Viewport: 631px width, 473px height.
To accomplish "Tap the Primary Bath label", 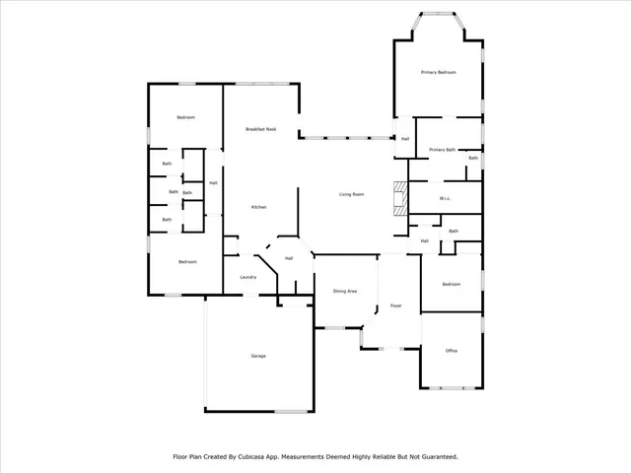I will [x=442, y=150].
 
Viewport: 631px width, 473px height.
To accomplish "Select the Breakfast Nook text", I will [x=260, y=129].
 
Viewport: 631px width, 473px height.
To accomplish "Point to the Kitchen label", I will [x=258, y=207].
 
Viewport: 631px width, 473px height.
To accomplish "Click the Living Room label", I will [x=352, y=194].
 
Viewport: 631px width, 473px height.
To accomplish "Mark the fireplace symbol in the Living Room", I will [x=398, y=198].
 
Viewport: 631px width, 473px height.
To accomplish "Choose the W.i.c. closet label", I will [x=445, y=198].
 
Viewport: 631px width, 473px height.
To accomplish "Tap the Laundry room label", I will [x=248, y=277].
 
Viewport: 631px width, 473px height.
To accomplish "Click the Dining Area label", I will [x=344, y=291].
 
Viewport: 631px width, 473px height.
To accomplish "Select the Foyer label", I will [x=395, y=305].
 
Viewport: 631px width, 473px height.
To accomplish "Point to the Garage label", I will [x=258, y=356].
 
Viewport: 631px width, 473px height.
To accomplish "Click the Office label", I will [x=451, y=350].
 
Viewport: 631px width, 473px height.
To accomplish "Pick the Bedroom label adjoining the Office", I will [x=451, y=284].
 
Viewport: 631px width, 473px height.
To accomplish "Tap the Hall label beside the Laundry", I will [x=289, y=258].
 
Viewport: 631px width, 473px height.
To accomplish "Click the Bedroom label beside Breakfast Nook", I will [x=185, y=117].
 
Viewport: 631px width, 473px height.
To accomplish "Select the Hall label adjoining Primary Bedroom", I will [x=404, y=139].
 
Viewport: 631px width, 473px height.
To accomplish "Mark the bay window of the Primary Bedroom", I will [x=438, y=14].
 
